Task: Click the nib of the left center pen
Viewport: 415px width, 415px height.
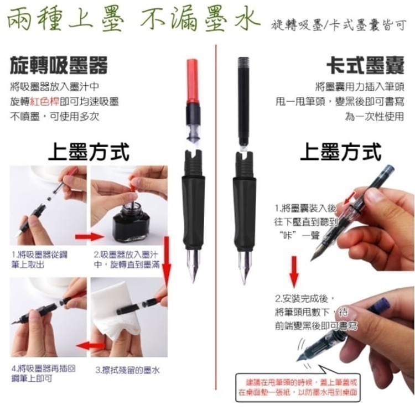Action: pos(193,266)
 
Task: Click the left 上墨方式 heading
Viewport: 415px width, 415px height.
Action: pos(89,151)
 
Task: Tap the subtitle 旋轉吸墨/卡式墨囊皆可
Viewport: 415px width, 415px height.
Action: pos(339,25)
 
